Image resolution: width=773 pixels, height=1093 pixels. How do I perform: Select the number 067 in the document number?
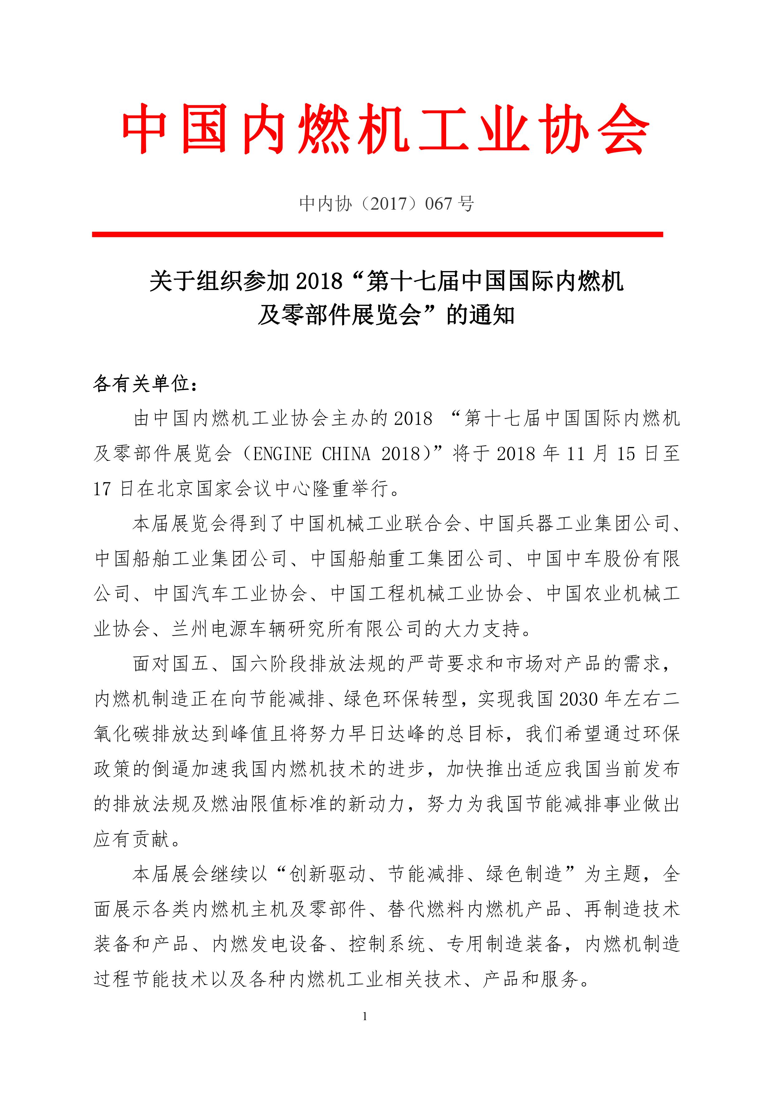pos(438,204)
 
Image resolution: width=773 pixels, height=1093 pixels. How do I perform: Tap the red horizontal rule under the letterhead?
pos(377,234)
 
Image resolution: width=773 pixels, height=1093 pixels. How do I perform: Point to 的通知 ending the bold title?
pos(480,315)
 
